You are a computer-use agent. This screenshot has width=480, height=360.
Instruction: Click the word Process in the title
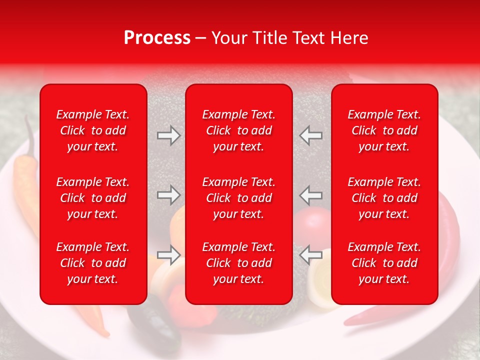(157, 37)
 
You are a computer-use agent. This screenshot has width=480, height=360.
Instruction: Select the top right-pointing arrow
(168, 135)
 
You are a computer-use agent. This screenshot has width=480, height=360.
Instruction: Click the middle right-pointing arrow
(168, 195)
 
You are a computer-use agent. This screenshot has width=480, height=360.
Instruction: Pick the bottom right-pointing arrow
(168, 255)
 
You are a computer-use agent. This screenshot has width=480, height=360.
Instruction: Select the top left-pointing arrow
(311, 135)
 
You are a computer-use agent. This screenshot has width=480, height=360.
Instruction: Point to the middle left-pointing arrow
(311, 195)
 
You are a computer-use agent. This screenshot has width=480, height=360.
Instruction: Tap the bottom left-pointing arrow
(311, 255)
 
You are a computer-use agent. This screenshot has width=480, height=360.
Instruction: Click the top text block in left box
(93, 130)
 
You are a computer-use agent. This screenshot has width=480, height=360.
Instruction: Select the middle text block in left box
(93, 198)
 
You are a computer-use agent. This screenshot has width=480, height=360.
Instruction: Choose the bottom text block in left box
(93, 263)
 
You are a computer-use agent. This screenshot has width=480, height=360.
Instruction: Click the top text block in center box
(239, 130)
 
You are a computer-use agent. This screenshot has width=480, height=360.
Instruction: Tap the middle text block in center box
(239, 198)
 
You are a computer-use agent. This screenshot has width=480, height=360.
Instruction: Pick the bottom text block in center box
(239, 263)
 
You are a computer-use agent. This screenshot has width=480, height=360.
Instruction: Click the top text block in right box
(384, 130)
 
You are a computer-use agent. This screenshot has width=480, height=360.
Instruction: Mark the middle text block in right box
(384, 198)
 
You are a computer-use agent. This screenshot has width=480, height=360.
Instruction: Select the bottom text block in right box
(384, 263)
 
